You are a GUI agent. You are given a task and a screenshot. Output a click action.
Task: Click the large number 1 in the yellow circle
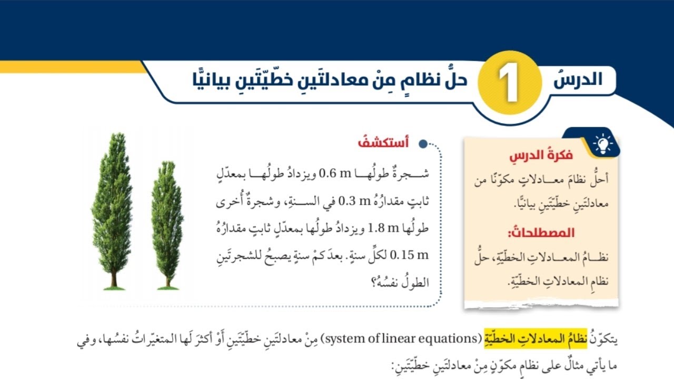(509, 84)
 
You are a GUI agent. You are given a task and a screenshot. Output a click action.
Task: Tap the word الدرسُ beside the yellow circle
(578, 80)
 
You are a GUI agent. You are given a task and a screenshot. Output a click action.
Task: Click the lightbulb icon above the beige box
(603, 143)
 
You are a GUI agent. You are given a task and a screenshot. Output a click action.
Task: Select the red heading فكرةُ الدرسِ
(541, 156)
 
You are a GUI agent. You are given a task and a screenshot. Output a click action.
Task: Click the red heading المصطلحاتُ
(541, 233)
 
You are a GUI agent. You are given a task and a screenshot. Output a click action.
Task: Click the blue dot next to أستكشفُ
(422, 144)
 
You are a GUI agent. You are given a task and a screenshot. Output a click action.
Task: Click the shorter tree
(167, 221)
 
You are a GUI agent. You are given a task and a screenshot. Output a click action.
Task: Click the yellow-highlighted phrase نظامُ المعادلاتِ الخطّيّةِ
(551, 338)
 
